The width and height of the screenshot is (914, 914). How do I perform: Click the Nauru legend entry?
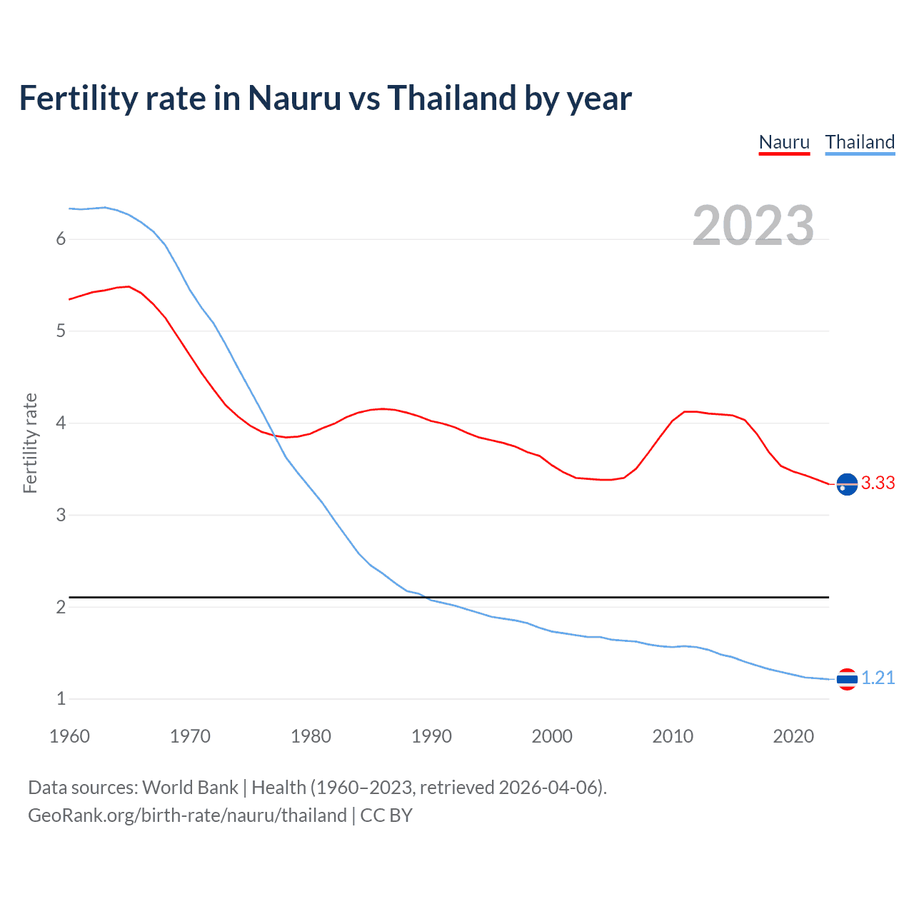pyautogui.click(x=784, y=142)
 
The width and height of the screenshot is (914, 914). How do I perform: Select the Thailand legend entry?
pyautogui.click(x=860, y=142)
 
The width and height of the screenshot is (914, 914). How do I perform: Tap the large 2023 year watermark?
pyautogui.click(x=753, y=226)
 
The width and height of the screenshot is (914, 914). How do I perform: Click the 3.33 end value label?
pyautogui.click(x=878, y=483)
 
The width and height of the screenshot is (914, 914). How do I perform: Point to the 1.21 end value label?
pyautogui.click(x=878, y=678)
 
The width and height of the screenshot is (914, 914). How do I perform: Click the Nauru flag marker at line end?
pyautogui.click(x=847, y=484)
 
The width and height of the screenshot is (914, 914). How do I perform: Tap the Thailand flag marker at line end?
pyautogui.click(x=847, y=679)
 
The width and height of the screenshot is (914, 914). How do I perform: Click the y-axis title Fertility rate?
pyautogui.click(x=30, y=443)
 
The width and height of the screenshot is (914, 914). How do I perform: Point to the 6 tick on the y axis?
pyautogui.click(x=61, y=239)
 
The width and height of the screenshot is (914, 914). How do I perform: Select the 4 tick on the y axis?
pyautogui.click(x=61, y=423)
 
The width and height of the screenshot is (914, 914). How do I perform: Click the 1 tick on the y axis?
pyautogui.click(x=61, y=699)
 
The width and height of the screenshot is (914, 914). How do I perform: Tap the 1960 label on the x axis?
pyautogui.click(x=69, y=736)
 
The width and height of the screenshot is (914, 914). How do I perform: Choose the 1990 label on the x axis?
pyautogui.click(x=431, y=736)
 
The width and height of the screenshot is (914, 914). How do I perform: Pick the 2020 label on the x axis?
pyautogui.click(x=793, y=736)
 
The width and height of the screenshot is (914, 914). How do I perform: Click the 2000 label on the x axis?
pyautogui.click(x=552, y=736)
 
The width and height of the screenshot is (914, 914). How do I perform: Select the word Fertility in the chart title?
pyautogui.click(x=78, y=99)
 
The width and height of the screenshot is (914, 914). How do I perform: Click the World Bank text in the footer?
pyautogui.click(x=190, y=788)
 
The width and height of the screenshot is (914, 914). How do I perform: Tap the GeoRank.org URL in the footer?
pyautogui.click(x=187, y=815)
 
